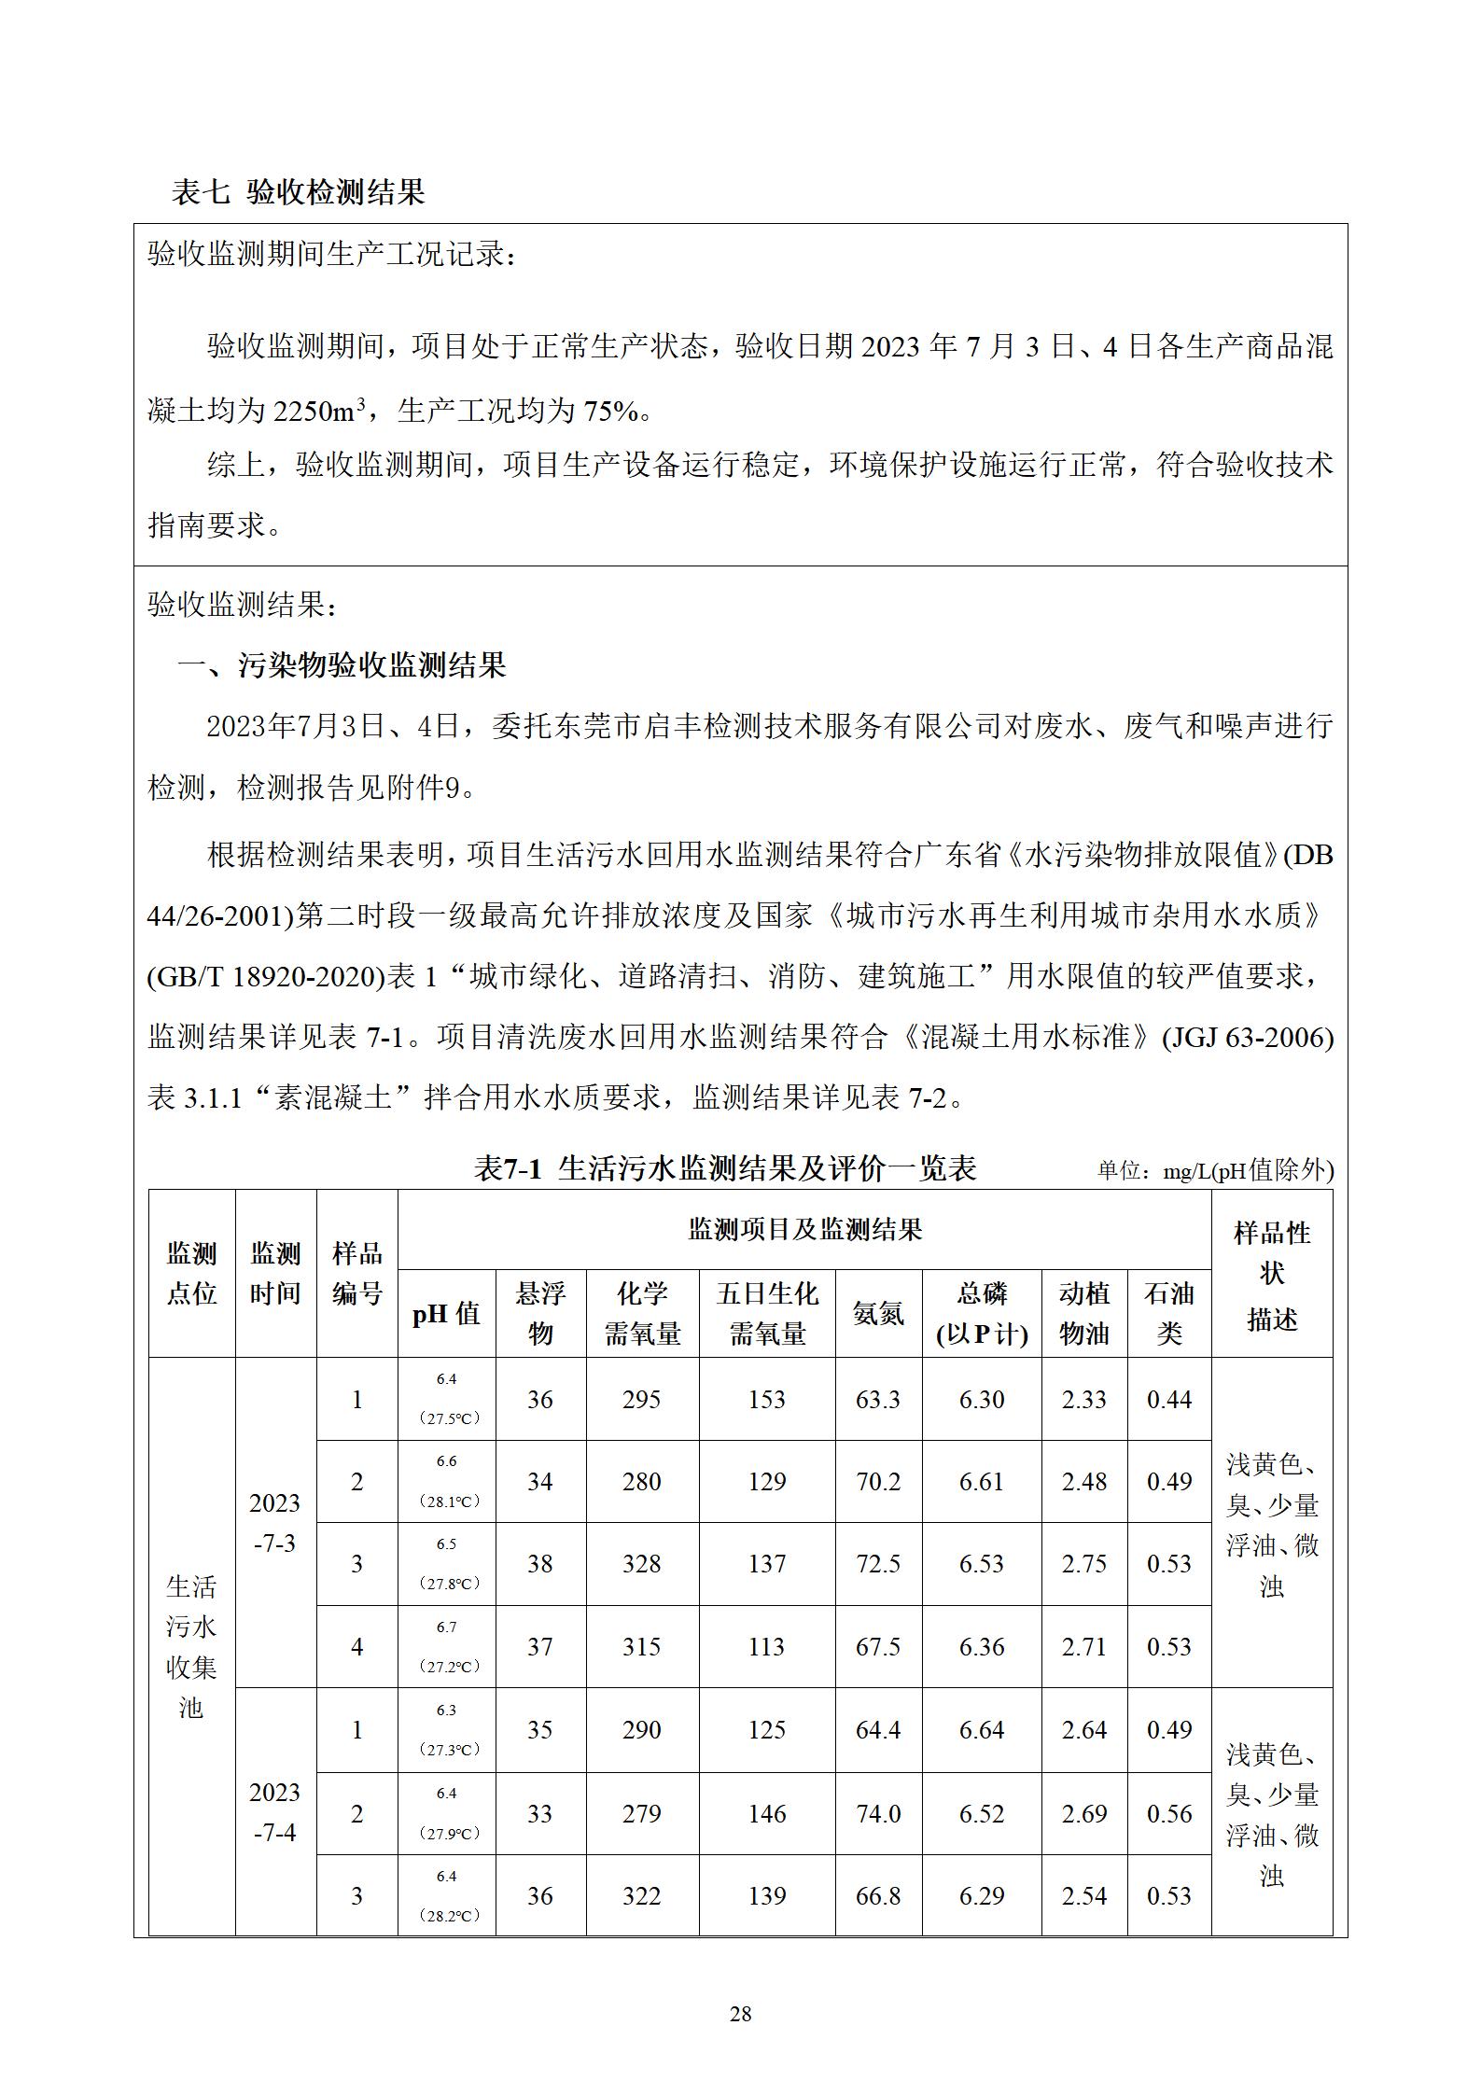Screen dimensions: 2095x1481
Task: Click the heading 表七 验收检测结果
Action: click(x=298, y=192)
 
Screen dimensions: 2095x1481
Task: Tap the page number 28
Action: click(x=740, y=2013)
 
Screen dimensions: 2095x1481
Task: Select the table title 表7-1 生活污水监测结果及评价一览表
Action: click(x=725, y=1168)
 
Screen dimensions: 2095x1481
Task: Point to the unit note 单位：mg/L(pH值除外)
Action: click(x=1215, y=1170)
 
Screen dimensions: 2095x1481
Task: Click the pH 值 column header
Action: click(x=446, y=1314)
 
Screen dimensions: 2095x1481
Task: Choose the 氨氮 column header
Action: click(x=878, y=1314)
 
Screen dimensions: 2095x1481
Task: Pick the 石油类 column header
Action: click(x=1169, y=1313)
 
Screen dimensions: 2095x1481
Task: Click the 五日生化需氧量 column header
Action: click(x=767, y=1313)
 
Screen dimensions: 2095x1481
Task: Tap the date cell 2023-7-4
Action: click(x=275, y=1812)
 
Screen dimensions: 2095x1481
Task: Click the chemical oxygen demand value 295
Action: click(x=642, y=1400)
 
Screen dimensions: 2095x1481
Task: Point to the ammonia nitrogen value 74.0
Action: click(x=878, y=1813)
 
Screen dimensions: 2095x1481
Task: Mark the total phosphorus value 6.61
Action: click(x=982, y=1482)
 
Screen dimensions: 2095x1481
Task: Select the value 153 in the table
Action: click(x=767, y=1400)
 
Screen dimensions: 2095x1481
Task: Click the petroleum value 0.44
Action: click(x=1169, y=1400)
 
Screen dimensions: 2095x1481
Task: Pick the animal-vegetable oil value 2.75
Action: click(x=1083, y=1564)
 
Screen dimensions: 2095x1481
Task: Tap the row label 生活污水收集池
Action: click(x=191, y=1647)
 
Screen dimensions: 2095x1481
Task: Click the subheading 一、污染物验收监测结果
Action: click(x=342, y=665)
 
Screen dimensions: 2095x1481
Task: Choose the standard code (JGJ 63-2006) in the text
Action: click(x=1248, y=1038)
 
